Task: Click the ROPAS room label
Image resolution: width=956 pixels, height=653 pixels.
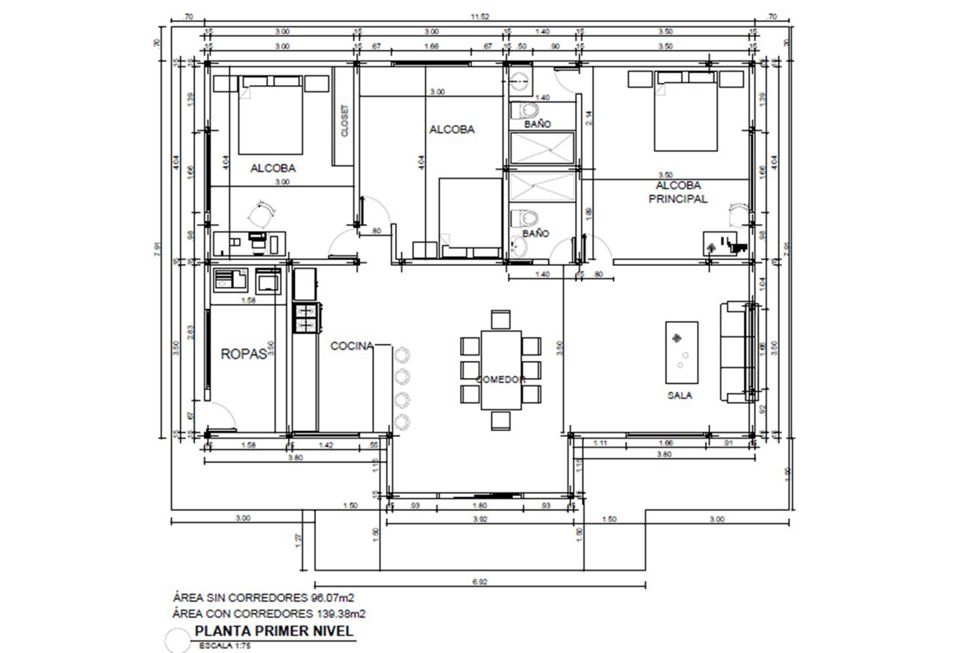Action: [x=244, y=354]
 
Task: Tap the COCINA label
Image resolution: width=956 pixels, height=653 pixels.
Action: [x=352, y=345]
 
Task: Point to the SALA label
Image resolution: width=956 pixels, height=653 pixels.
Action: [x=679, y=395]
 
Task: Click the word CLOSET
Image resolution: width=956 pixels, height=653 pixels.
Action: [x=344, y=120]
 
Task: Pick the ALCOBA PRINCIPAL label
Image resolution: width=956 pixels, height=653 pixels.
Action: [x=678, y=192]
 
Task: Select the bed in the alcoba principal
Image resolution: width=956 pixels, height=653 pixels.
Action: [x=686, y=112]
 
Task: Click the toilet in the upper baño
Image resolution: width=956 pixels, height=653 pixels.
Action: [x=522, y=111]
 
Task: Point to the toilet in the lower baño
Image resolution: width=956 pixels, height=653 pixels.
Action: [x=525, y=219]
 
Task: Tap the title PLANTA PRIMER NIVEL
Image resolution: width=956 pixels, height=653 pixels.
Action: [x=273, y=631]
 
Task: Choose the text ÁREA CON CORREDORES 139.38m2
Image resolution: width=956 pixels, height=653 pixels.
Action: [x=269, y=613]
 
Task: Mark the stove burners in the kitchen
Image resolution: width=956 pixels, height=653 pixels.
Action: [x=306, y=317]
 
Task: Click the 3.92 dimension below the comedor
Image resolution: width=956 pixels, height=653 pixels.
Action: [x=479, y=519]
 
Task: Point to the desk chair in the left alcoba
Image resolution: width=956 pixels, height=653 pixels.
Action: [x=259, y=216]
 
